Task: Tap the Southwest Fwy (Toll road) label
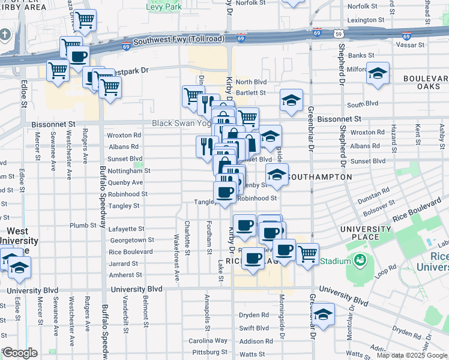(179, 40)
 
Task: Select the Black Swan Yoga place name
(180, 123)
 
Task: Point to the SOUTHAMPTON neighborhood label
(320, 178)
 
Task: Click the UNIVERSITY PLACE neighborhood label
(368, 233)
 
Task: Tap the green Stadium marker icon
(360, 260)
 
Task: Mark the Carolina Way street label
(208, 341)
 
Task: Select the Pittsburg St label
(208, 352)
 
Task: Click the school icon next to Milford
(378, 73)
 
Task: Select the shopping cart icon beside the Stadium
(307, 254)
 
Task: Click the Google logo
(20, 353)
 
